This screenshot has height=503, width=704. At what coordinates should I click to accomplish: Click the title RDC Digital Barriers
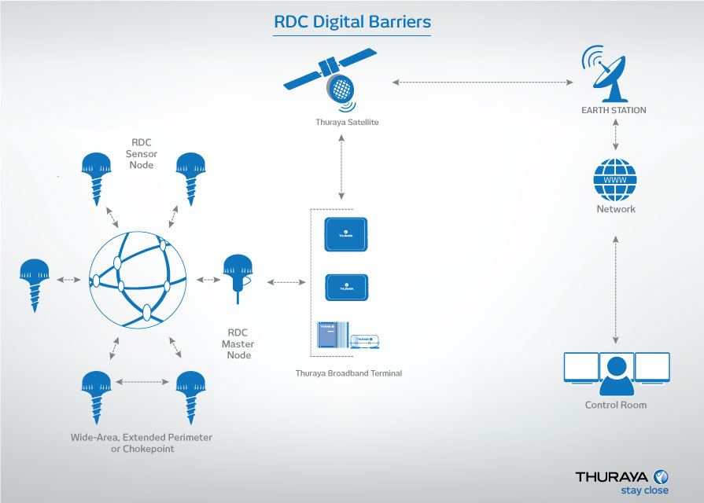point(352,22)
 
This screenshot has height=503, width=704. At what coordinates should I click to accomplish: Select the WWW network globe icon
point(615,180)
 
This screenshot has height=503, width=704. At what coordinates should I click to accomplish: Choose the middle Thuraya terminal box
point(346,287)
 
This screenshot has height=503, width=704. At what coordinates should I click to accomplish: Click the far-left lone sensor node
point(32,281)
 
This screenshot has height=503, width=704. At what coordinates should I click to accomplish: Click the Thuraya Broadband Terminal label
point(348,373)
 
